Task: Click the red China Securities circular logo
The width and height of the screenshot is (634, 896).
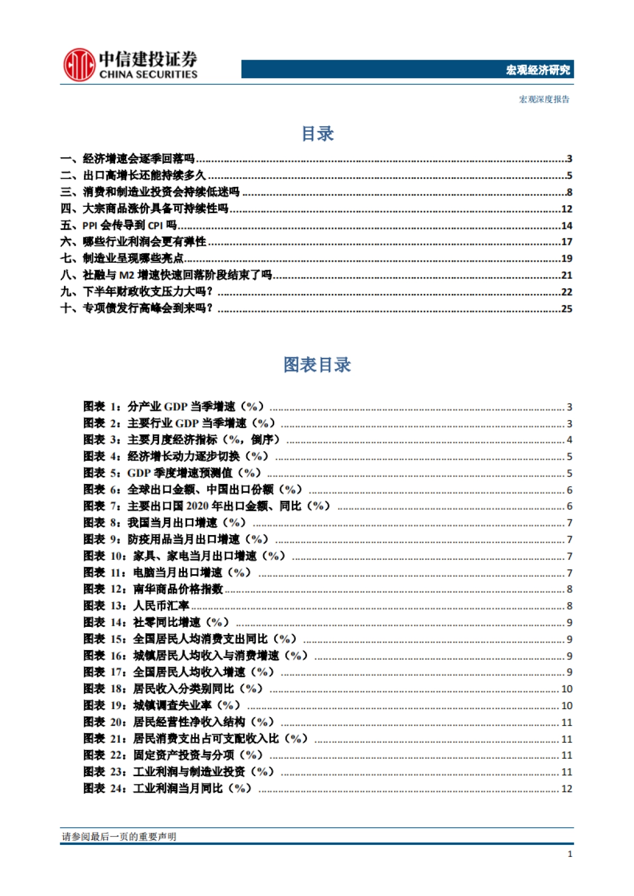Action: [79, 65]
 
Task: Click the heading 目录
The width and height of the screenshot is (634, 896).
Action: [317, 134]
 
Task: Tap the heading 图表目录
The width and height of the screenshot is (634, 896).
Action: [317, 365]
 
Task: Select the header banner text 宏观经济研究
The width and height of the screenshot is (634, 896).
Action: [538, 70]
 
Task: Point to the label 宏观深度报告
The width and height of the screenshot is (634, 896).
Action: [544, 99]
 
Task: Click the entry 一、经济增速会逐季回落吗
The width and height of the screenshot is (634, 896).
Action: [128, 158]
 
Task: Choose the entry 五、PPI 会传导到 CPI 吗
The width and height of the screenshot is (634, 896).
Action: [119, 225]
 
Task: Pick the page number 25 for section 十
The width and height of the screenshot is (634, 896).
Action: [566, 309]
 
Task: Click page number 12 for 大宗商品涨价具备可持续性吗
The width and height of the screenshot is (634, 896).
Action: [566, 209]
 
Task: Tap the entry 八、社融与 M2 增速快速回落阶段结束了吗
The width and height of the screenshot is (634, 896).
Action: [166, 275]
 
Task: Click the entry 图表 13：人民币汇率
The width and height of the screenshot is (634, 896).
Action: [136, 606]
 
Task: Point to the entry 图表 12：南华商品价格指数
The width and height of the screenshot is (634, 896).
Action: [153, 589]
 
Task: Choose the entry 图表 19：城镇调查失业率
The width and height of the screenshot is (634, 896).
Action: [162, 706]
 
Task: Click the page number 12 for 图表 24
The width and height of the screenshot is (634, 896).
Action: [566, 789]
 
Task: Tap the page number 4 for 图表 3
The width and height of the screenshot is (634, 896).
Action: [570, 440]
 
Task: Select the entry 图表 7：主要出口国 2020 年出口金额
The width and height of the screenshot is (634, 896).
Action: [207, 506]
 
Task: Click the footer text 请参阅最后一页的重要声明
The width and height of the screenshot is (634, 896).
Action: [119, 836]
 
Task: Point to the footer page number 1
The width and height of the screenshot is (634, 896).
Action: [570, 854]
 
